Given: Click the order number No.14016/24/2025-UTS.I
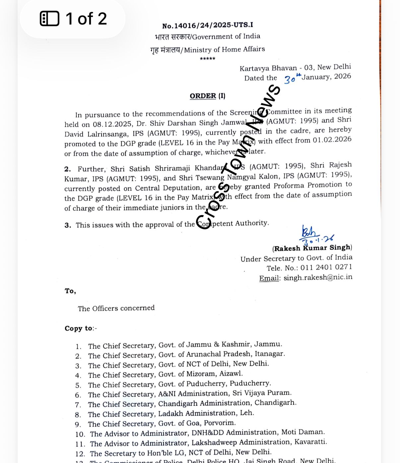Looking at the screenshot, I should pyautogui.click(x=207, y=26).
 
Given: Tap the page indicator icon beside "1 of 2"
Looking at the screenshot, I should pyautogui.click(x=49, y=19).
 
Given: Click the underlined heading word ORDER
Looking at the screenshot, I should pyautogui.click(x=203, y=96).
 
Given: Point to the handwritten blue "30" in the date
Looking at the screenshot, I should pyautogui.click(x=290, y=79).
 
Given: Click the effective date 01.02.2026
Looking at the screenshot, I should pyautogui.click(x=332, y=140).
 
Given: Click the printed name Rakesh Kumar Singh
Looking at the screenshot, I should pyautogui.click(x=312, y=248).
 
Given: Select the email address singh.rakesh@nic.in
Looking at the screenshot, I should pyautogui.click(x=318, y=277).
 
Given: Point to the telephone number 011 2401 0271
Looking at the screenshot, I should pyautogui.click(x=326, y=268).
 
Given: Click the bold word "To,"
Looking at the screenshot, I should pyautogui.click(x=70, y=291).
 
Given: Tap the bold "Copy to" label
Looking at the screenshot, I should pyautogui.click(x=79, y=328).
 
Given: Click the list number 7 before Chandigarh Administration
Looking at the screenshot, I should pyautogui.click(x=78, y=405).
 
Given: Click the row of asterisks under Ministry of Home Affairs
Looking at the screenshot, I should pyautogui.click(x=208, y=59).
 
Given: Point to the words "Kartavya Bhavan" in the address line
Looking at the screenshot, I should pyautogui.click(x=268, y=68).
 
